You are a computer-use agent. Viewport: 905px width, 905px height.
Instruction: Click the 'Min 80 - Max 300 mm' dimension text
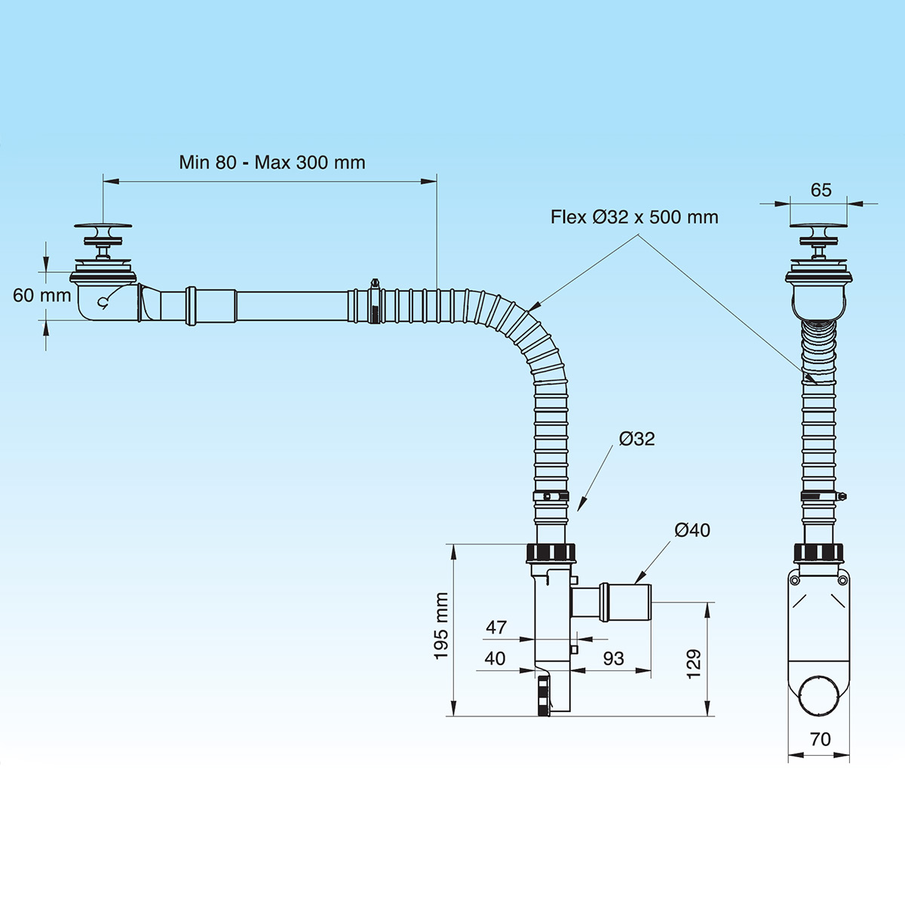point(271,162)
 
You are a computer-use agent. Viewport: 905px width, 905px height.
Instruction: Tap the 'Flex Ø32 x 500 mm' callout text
point(633,217)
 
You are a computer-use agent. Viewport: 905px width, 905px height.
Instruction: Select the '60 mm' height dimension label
point(41,295)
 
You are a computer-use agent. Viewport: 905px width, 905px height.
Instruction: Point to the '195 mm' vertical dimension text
point(441,626)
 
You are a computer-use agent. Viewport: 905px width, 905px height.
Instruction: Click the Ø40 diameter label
point(692,530)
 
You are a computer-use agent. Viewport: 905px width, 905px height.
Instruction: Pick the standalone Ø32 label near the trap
point(637,439)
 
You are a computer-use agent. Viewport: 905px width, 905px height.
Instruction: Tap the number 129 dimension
point(694,664)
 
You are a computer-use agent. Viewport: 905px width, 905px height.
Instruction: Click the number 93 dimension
point(613,658)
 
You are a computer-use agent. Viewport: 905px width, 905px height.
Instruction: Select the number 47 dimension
point(496,627)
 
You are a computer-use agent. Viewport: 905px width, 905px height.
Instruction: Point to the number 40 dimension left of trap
point(495,658)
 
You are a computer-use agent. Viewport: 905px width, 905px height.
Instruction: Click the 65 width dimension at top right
point(821,190)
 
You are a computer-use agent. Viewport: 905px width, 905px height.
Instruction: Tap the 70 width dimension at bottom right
point(820,739)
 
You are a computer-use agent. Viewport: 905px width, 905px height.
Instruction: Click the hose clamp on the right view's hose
point(822,495)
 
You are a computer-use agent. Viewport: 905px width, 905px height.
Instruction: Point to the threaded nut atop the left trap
point(550,552)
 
